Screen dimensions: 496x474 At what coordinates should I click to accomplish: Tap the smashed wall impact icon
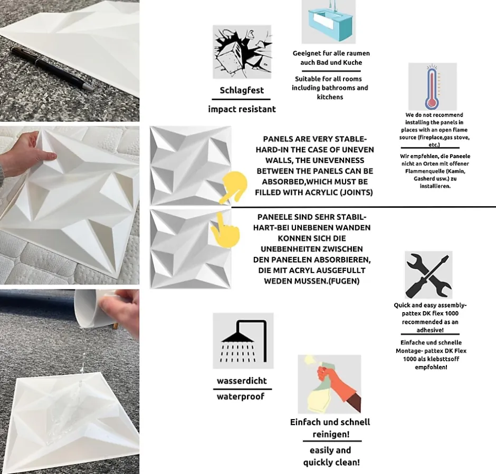[x=242, y=52]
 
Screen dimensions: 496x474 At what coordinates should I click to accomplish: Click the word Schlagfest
[x=242, y=90]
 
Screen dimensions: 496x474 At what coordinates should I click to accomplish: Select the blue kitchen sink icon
[x=329, y=22]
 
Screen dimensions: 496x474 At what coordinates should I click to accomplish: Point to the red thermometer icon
[x=433, y=86]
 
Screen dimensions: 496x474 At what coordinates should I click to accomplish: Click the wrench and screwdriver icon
[x=428, y=275]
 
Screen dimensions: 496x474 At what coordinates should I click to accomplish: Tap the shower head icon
[x=243, y=341]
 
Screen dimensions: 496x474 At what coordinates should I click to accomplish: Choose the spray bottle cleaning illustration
[x=329, y=384]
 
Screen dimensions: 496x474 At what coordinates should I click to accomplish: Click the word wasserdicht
[x=242, y=381]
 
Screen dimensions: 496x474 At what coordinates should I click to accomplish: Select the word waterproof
[x=241, y=396]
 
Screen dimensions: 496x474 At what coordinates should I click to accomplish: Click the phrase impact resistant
[x=242, y=109]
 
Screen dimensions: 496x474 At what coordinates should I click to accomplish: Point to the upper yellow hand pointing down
[x=234, y=187]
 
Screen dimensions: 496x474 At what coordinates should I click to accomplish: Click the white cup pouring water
[x=95, y=308]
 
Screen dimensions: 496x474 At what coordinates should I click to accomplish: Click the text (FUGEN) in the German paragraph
[x=344, y=281]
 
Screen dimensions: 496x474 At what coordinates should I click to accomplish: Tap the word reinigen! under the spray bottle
[x=331, y=434]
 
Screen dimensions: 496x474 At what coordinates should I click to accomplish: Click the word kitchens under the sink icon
[x=330, y=97]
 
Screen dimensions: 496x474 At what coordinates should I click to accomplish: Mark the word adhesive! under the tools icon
[x=430, y=330]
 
